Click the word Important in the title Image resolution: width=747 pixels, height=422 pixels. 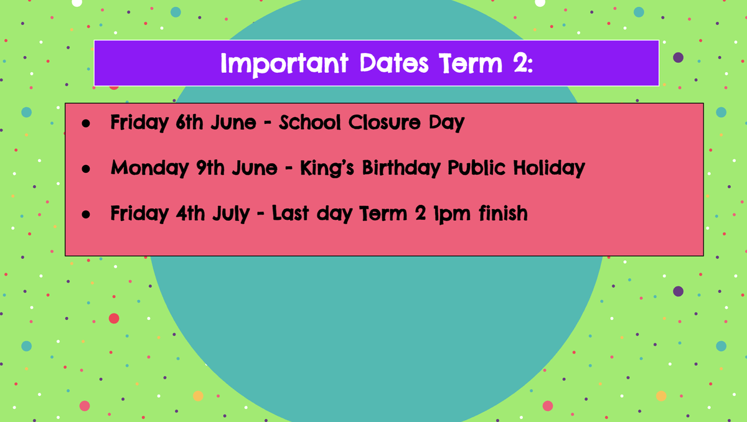[284, 64]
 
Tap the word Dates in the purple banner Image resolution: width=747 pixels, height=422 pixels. [394, 63]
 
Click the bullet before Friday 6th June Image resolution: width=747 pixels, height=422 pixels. [86, 123]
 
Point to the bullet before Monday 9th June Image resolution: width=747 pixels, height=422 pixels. [86, 169]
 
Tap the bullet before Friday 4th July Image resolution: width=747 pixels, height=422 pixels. [86, 214]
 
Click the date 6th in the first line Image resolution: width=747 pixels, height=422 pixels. [189, 121]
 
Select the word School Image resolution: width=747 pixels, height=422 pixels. [310, 121]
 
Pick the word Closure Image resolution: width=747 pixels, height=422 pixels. [385, 122]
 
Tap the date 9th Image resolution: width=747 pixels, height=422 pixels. [210, 167]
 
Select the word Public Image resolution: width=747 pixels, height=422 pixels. [477, 168]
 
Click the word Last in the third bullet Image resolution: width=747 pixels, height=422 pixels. [291, 213]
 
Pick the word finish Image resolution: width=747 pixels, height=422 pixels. [503, 213]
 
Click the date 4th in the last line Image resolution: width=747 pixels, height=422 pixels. [190, 213]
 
